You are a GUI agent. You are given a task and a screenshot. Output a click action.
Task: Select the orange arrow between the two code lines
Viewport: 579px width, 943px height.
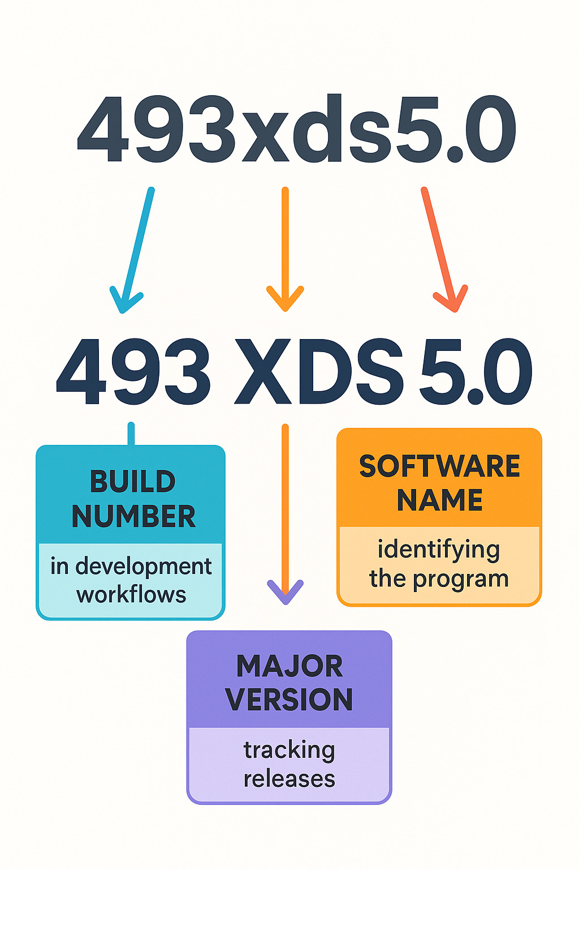(x=285, y=249)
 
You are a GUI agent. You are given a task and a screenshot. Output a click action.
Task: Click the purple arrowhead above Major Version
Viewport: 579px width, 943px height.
(x=286, y=591)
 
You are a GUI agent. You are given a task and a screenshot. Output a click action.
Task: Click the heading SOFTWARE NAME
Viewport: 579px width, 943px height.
(x=439, y=483)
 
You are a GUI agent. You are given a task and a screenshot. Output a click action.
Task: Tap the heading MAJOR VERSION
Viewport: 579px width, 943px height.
(x=289, y=683)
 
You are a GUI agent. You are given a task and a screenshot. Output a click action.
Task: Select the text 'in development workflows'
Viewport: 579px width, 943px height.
(x=131, y=580)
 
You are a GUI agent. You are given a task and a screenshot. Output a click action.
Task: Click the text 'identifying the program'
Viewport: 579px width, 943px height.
(x=439, y=564)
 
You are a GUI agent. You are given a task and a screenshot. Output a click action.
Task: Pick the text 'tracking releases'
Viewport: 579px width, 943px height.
(x=289, y=764)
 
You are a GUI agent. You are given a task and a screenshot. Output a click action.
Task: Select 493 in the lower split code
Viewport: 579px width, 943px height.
(x=133, y=372)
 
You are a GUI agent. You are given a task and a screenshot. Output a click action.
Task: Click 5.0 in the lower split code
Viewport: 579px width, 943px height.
(x=475, y=372)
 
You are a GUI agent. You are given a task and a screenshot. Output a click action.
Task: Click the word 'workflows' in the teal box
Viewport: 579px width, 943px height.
(x=131, y=595)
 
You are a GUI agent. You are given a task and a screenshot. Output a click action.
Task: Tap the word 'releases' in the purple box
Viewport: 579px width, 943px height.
(x=289, y=779)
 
